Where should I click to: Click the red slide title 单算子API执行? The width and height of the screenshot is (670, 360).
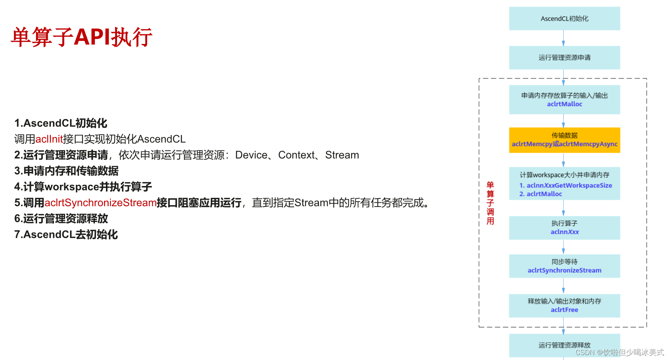coord(81,37)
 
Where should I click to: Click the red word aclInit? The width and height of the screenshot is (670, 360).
coord(49,139)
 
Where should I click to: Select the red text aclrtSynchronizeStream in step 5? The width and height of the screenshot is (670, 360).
coord(101,202)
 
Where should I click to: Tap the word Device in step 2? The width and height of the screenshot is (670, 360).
coord(251,155)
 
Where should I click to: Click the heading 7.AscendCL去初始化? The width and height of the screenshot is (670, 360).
coord(66,235)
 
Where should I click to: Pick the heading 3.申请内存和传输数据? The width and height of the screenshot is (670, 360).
coord(66,171)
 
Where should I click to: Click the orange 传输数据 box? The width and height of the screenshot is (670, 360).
coord(564,140)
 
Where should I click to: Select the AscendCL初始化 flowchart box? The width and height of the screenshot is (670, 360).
coord(564,18)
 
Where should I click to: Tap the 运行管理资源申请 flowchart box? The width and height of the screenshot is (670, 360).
coord(564,57)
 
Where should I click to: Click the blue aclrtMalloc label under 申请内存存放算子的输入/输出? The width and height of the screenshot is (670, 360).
coord(564,104)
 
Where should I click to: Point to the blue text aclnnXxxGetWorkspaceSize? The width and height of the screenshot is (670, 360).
coord(569,186)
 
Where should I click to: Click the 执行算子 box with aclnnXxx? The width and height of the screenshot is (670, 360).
coord(564,228)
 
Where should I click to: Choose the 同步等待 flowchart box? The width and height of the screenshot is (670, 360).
coord(564,266)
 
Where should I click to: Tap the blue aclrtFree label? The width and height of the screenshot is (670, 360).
coord(564,310)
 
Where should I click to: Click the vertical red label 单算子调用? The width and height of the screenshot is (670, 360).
coord(490,203)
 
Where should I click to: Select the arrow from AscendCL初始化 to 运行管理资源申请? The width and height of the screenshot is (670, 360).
coord(563,38)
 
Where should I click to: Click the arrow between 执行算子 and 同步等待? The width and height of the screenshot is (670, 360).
coord(563,247)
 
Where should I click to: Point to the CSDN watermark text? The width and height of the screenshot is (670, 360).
coord(620,352)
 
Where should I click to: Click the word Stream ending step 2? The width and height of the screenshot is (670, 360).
coord(342,155)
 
